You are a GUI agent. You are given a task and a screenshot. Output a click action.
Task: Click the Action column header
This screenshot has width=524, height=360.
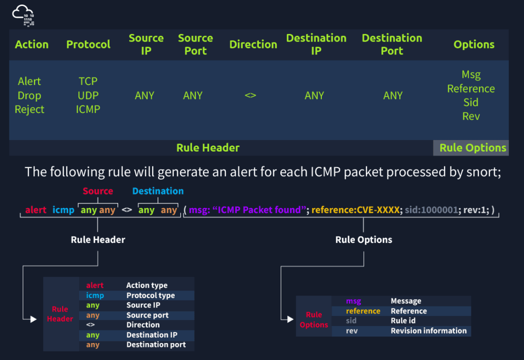tap(32, 44)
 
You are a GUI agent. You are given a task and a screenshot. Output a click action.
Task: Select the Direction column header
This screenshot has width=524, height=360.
tap(253, 44)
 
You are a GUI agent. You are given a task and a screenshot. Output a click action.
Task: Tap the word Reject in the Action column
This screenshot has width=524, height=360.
tap(30, 109)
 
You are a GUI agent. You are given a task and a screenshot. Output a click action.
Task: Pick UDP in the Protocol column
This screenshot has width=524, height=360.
tap(88, 95)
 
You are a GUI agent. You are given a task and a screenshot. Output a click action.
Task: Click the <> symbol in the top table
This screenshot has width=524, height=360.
tap(250, 95)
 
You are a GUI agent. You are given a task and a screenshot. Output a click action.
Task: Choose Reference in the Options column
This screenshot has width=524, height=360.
tap(471, 88)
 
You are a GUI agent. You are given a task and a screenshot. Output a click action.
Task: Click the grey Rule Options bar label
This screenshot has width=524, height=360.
tap(472, 148)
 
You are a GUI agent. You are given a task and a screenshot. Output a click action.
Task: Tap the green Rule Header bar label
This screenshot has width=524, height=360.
tap(208, 148)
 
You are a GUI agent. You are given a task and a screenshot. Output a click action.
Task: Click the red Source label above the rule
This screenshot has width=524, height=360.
tap(98, 191)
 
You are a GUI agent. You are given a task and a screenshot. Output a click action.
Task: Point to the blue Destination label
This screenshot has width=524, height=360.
tap(158, 191)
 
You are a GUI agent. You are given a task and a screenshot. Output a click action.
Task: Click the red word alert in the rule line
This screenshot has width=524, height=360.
tap(36, 210)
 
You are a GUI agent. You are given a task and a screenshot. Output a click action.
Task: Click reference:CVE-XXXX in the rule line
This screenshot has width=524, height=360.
tap(356, 210)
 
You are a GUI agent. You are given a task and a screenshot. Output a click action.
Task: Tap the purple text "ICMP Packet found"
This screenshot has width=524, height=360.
tap(259, 210)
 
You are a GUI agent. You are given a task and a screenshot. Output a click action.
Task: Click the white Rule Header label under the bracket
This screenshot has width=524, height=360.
tap(98, 239)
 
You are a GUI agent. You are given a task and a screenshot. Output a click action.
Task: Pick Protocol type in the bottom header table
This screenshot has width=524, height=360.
tap(150, 295)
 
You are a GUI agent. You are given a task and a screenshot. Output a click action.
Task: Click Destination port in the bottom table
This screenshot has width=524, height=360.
tap(156, 344)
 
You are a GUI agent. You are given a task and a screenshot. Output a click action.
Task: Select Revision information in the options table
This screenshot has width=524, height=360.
tap(428, 330)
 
